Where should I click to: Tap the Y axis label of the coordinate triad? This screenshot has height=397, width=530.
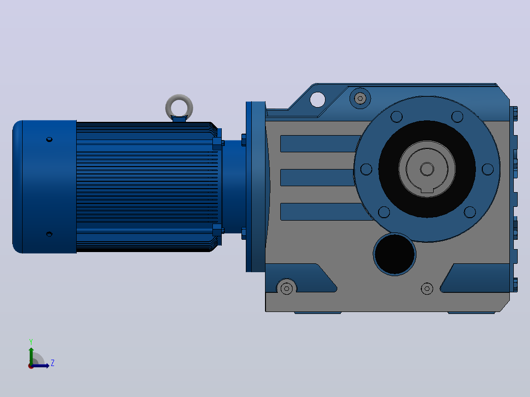tap(31, 341)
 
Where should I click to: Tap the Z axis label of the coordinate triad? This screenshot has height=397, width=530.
tap(53, 363)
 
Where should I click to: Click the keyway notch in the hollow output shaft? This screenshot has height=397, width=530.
tap(427, 192)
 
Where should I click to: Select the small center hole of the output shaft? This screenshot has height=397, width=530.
tap(427, 169)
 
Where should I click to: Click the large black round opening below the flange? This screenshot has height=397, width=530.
tap(394, 254)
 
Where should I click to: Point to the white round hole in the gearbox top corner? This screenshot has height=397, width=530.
tap(318, 100)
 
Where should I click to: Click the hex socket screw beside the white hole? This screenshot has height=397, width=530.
tap(360, 98)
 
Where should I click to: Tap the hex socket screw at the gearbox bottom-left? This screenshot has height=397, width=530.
tap(287, 288)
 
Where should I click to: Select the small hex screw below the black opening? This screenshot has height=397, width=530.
tap(427, 288)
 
